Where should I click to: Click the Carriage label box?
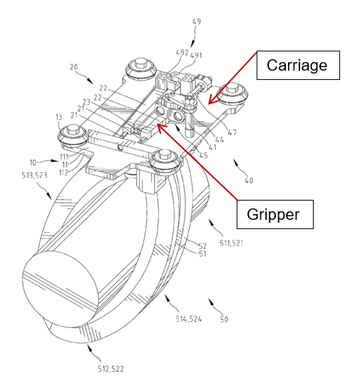click(298, 65)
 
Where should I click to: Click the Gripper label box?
click(275, 214)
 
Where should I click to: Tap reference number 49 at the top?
click(197, 21)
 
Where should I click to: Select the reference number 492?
click(182, 52)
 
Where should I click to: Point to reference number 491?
click(196, 56)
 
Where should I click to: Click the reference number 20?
click(74, 66)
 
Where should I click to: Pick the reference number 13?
click(58, 117)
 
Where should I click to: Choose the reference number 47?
click(232, 132)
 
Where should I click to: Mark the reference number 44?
click(220, 139)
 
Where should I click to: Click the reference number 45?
click(203, 156)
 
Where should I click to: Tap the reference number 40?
click(249, 181)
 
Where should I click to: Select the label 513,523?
click(34, 176)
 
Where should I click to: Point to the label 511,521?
click(231, 243)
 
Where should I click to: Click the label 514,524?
click(189, 319)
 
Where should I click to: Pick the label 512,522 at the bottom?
click(110, 369)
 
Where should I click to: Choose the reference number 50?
click(224, 319)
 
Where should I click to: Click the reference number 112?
click(63, 173)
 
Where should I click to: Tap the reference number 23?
click(86, 102)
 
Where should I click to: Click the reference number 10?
click(33, 163)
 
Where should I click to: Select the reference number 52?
click(202, 246)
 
